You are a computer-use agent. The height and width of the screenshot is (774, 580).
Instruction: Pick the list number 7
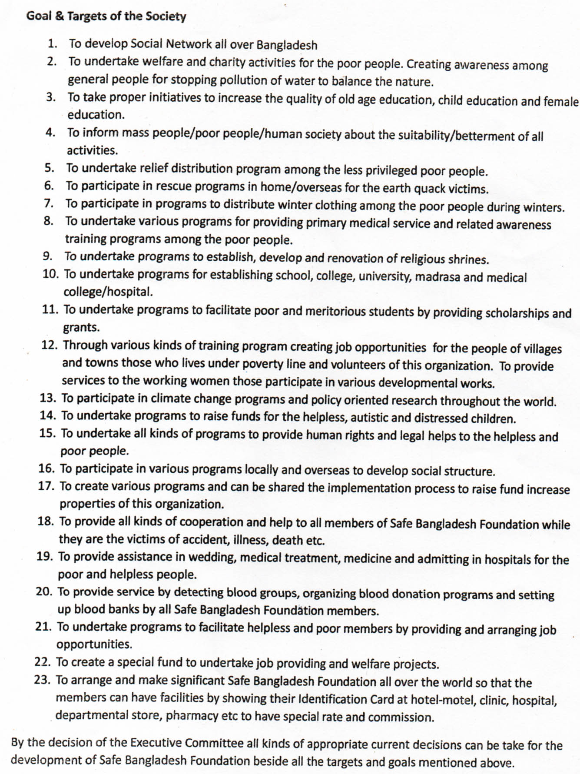[49, 203]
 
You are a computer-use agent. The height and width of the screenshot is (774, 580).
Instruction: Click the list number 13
[48, 398]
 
